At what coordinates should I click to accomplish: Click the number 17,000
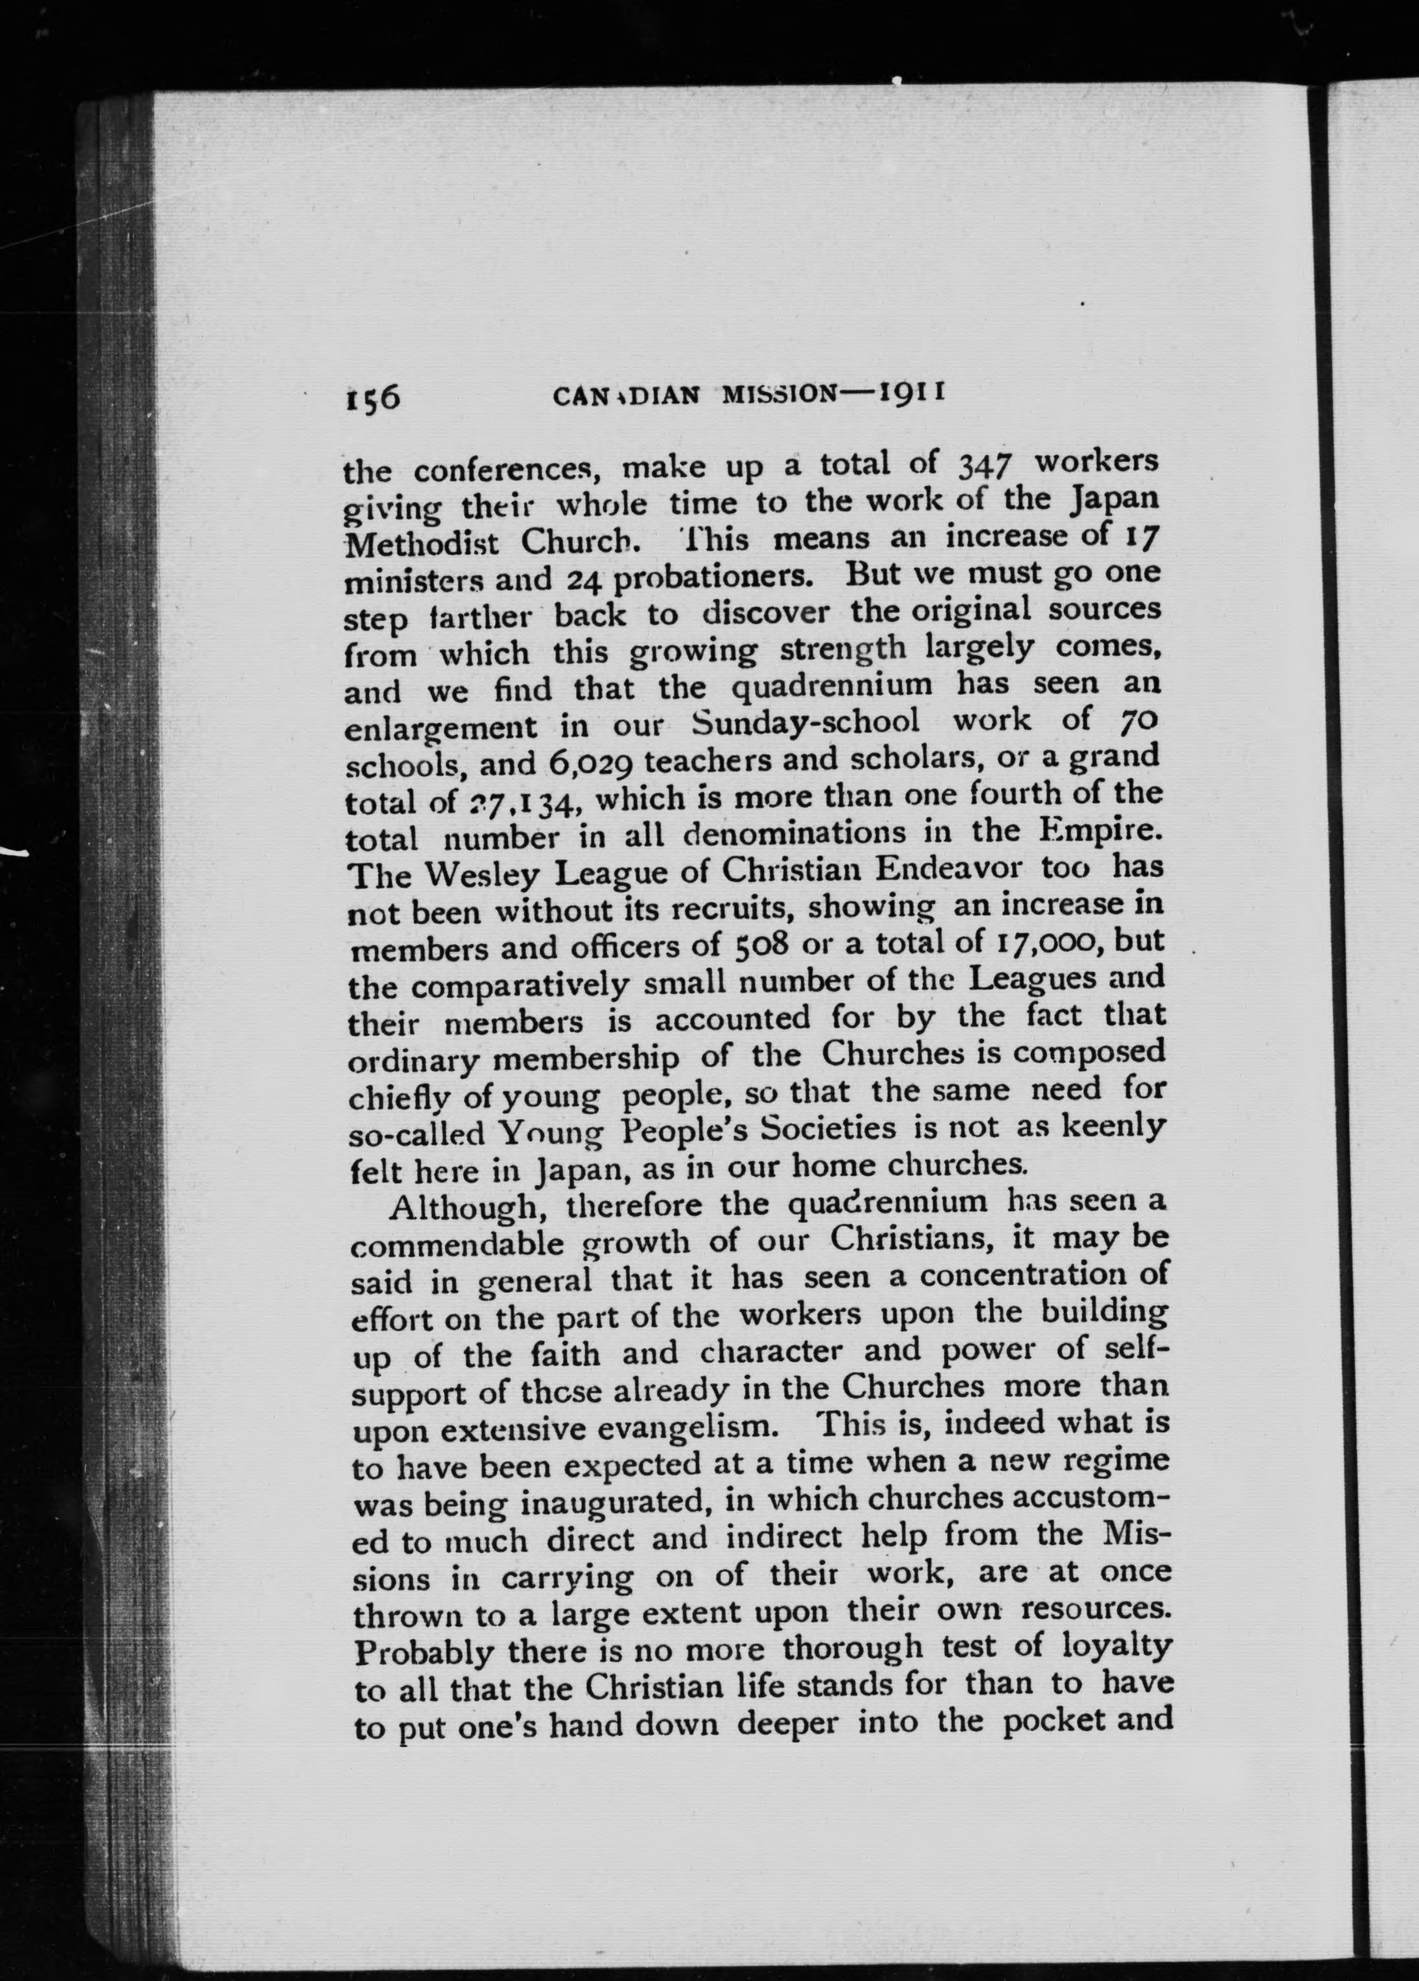click(1053, 945)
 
